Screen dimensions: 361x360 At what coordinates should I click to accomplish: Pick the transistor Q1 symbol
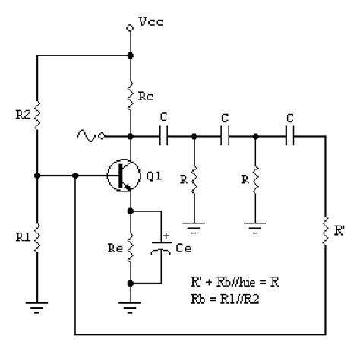click(120, 176)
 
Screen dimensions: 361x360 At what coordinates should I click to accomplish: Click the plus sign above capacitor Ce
click(166, 236)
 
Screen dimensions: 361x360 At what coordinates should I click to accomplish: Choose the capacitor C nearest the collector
click(164, 137)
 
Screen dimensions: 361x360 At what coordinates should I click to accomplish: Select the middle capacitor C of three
click(225, 137)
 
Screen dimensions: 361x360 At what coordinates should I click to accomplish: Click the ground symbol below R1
click(36, 306)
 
